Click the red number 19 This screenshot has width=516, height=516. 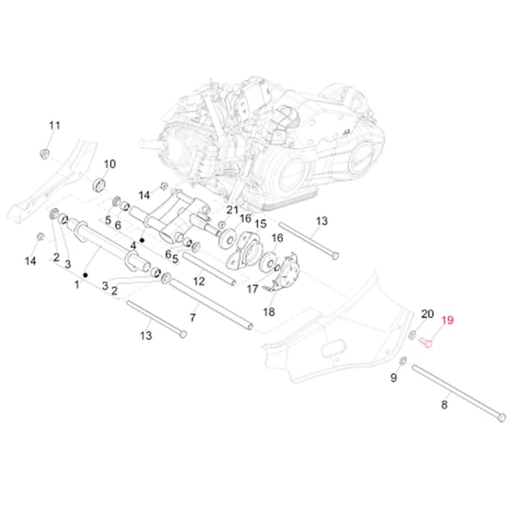pyautogui.click(x=447, y=320)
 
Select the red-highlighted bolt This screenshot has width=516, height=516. pyautogui.click(x=427, y=342)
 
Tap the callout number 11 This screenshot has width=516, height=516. pyautogui.click(x=55, y=126)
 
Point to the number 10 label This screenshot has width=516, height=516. pyautogui.click(x=110, y=164)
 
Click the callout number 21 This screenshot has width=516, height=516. pyautogui.click(x=232, y=210)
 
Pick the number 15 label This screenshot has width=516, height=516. pyautogui.click(x=261, y=224)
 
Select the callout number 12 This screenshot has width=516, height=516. pyautogui.click(x=199, y=281)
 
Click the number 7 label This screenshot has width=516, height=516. pyautogui.click(x=193, y=317)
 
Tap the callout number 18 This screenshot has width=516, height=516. pyautogui.click(x=269, y=311)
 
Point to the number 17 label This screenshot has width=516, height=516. pyautogui.click(x=252, y=289)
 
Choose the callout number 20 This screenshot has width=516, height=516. pyautogui.click(x=427, y=314)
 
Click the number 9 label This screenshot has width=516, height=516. pyautogui.click(x=394, y=378)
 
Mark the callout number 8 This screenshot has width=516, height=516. pyautogui.click(x=445, y=404)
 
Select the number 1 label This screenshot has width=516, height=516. pyautogui.click(x=77, y=285)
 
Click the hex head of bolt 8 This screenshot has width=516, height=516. pyautogui.click(x=501, y=417)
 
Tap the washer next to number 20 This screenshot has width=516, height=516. pyautogui.click(x=412, y=335)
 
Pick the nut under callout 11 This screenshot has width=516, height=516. pyautogui.click(x=45, y=153)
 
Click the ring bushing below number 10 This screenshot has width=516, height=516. pyautogui.click(x=100, y=185)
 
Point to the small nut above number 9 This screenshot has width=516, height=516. pyautogui.click(x=403, y=361)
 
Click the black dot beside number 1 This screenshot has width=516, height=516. pyautogui.click(x=85, y=275)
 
